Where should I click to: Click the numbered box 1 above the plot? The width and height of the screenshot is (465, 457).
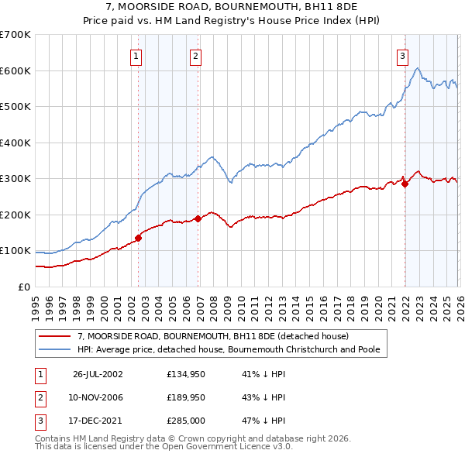136,56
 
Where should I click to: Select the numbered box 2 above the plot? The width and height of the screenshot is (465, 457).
195,56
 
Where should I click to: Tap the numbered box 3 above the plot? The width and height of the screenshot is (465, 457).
403,56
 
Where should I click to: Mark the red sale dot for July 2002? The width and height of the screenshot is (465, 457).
139,238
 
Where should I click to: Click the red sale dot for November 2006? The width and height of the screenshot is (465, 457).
198,218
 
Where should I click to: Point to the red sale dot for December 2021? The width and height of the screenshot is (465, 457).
405,184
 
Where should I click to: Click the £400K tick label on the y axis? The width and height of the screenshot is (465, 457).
15,143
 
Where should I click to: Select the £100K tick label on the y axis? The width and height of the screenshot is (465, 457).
15,251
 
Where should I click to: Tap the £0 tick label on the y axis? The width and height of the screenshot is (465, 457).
23,287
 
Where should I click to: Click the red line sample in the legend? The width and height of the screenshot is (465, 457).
56,336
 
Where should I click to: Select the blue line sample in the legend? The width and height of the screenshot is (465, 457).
56,349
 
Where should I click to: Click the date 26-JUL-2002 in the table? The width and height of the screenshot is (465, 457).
98,374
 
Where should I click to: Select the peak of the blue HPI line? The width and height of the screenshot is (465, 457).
418,69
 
